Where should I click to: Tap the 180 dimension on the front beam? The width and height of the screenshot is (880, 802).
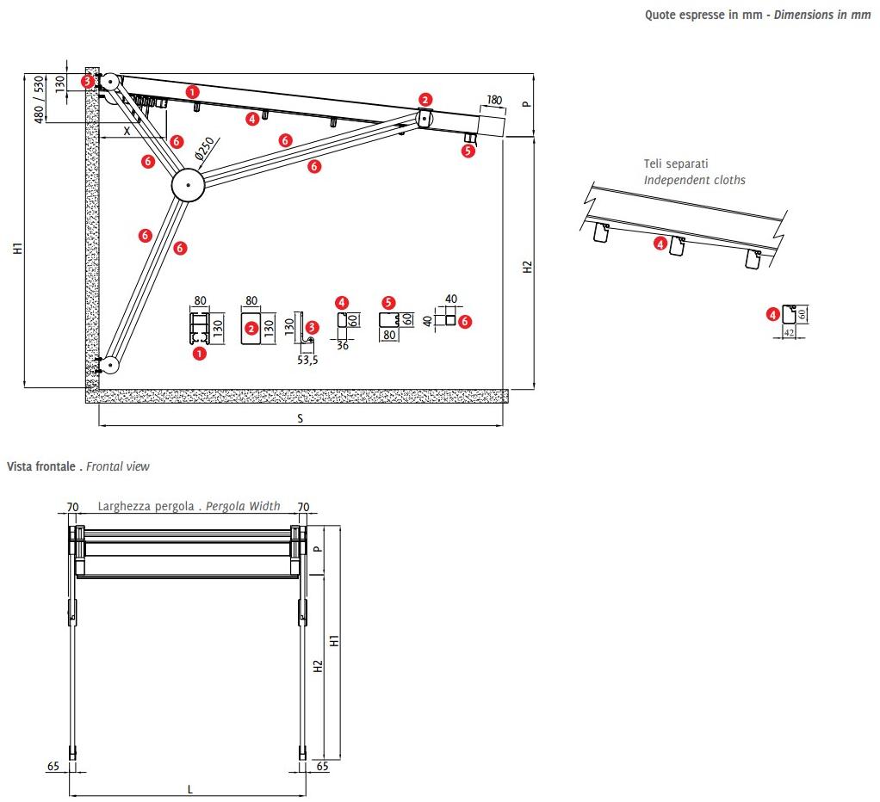(493, 101)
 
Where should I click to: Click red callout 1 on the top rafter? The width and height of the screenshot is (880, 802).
(192, 90)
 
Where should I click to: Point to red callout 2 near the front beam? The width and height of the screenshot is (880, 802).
(425, 100)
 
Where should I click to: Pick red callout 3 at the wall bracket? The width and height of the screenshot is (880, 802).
(88, 81)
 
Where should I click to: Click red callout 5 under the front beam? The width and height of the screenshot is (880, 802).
(468, 151)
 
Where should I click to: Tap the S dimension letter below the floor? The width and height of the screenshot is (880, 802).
(301, 418)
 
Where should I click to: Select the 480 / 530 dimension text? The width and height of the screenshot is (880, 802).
(39, 99)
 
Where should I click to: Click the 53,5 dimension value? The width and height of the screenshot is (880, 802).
(307, 360)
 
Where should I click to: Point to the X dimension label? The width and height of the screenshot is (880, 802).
(127, 131)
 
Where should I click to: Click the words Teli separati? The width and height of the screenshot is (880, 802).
(676, 163)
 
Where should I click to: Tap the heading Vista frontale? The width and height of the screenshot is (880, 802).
(41, 466)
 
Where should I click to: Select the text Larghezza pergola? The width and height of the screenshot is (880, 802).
(146, 506)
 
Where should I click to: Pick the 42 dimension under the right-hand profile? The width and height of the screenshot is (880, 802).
(788, 332)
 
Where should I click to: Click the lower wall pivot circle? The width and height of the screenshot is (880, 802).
(109, 365)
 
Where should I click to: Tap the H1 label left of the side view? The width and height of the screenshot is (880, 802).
(17, 249)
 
